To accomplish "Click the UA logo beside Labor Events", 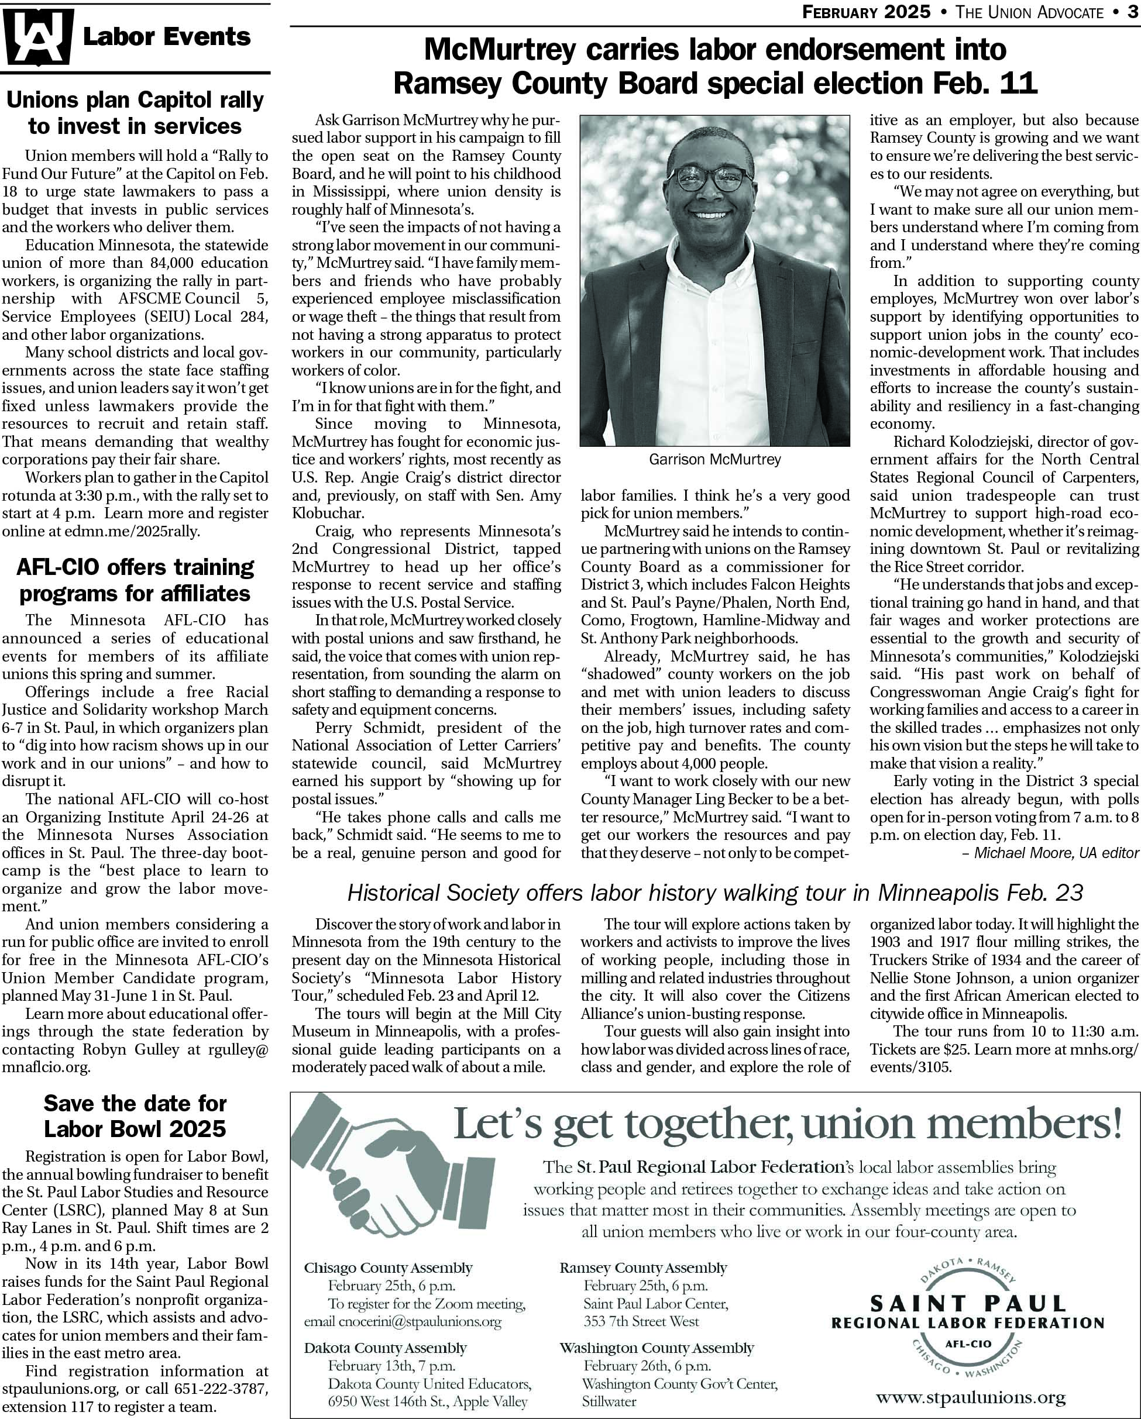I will click(x=37, y=37).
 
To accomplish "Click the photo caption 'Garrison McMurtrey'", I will click(x=714, y=459).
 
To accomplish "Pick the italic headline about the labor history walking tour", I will click(x=714, y=893).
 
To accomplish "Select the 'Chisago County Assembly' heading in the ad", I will click(x=388, y=1268).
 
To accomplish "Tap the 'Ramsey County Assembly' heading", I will click(x=643, y=1268).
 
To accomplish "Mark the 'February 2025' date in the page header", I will click(x=866, y=12).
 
